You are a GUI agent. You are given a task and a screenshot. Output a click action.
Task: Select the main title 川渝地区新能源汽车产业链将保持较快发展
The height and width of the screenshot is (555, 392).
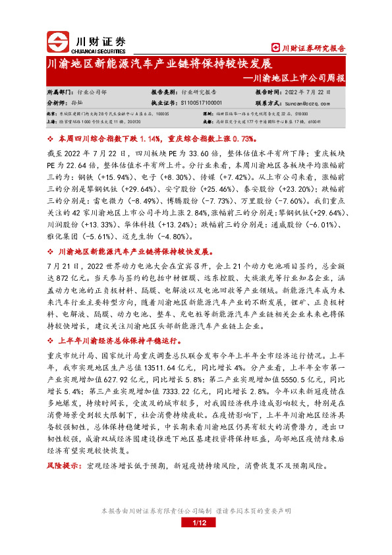click(151, 65)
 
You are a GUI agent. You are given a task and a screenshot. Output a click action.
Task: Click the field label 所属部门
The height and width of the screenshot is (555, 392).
click(60, 93)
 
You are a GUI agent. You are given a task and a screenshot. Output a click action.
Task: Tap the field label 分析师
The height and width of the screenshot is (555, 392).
click(57, 103)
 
